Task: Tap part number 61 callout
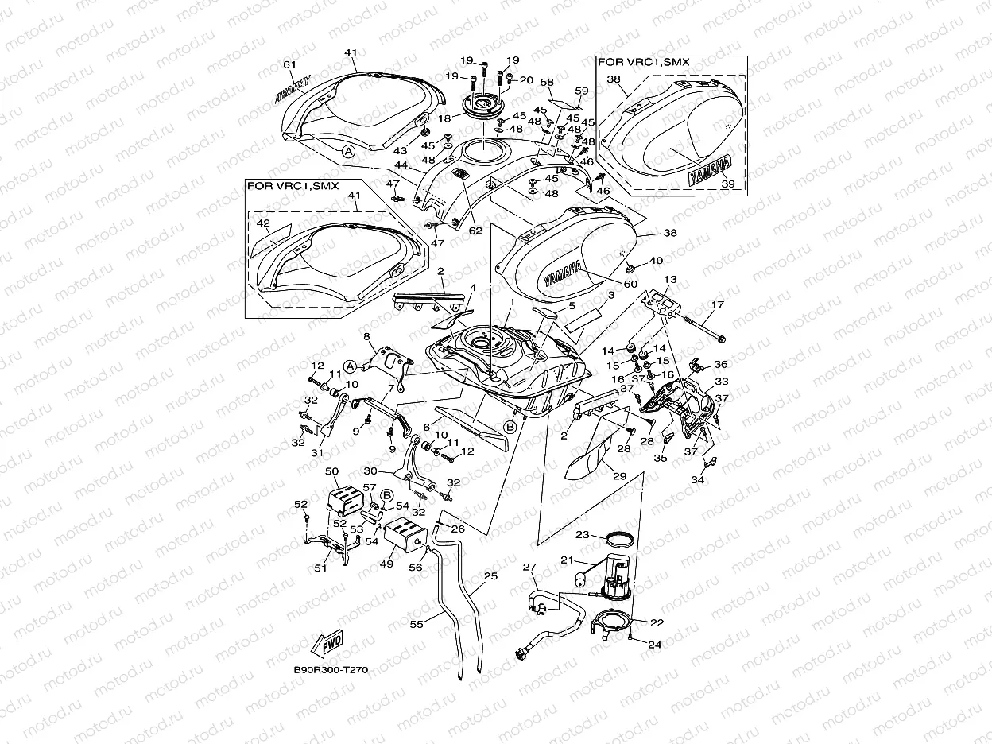pos(289,64)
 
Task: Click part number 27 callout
pos(530,568)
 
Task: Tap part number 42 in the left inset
pos(263,224)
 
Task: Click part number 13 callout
pos(671,280)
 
